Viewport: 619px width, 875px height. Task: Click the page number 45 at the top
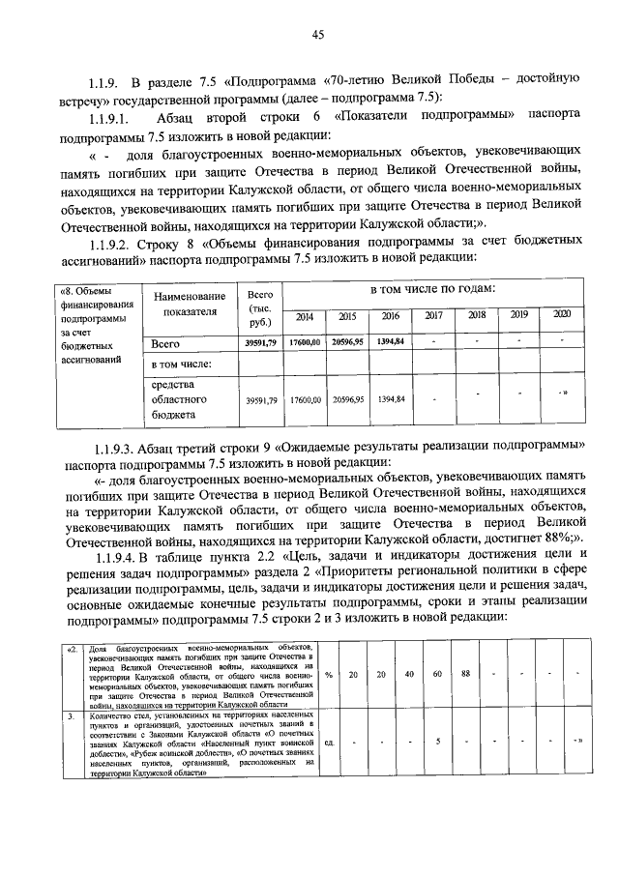point(317,36)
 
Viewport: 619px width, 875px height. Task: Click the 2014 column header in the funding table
point(304,316)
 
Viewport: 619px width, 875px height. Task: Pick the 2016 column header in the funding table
point(390,316)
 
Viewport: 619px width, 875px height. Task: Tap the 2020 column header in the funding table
point(562,315)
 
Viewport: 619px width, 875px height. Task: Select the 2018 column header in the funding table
point(477,315)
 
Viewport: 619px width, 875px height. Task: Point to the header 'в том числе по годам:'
point(431,289)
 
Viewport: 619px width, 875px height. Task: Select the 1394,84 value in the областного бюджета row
point(390,398)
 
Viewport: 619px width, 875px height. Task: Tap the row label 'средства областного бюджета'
point(176,398)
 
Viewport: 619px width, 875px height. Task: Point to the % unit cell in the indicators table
point(329,675)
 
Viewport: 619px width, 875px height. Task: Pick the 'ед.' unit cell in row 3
point(329,743)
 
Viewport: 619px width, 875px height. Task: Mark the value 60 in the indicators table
point(437,674)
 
